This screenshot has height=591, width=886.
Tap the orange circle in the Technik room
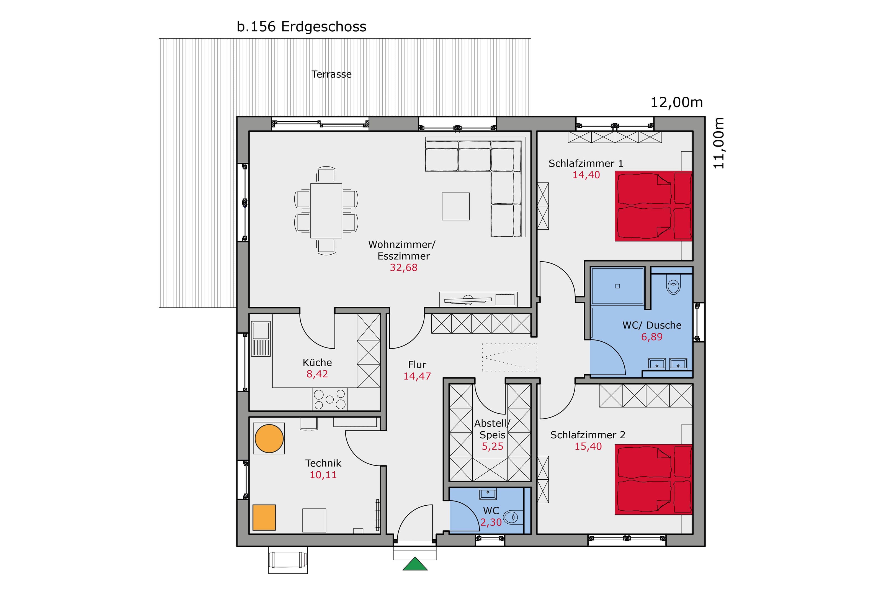(269, 438)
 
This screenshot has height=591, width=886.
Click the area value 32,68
(403, 268)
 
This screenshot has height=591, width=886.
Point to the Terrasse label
(331, 74)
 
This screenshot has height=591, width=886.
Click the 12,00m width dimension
(677, 102)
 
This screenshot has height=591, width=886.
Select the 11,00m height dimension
(718, 143)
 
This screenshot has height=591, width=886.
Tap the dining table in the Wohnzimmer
(326, 211)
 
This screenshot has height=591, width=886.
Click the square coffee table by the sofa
(456, 206)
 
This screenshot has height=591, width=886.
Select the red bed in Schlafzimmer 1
(653, 206)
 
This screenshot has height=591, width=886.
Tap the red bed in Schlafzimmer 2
(653, 479)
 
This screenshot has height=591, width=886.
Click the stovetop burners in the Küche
(329, 399)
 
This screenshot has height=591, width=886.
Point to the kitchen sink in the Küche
(261, 339)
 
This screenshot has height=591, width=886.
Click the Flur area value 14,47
(417, 376)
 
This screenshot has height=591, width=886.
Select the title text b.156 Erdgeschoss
(302, 27)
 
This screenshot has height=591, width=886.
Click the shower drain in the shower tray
(617, 286)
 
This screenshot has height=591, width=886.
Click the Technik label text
(323, 463)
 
